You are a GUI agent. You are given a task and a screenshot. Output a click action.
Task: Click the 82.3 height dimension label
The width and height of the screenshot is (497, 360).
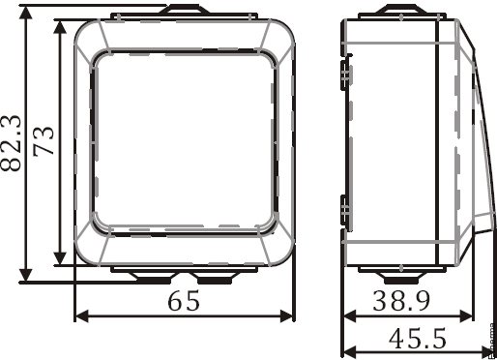tap(11, 143)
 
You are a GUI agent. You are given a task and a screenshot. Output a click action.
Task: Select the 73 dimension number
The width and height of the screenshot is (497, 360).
tap(44, 141)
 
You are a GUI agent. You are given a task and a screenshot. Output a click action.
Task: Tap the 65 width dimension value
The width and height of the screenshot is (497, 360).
tap(184, 301)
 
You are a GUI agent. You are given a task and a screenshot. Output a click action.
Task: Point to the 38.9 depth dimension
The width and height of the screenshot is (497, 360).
tap(401, 301)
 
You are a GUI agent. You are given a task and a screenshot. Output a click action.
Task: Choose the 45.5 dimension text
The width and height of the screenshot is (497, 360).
tap(418, 338)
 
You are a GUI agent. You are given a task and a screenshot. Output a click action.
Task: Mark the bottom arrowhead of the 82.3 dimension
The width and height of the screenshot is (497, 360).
tap(26, 275)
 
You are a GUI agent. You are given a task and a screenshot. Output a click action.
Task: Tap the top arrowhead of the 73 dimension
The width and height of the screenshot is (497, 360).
tap(60, 27)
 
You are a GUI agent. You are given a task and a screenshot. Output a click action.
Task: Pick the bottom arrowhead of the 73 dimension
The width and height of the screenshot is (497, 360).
tap(60, 258)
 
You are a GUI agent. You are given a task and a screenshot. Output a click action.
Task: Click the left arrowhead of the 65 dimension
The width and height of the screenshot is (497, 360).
tap(81, 316)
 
